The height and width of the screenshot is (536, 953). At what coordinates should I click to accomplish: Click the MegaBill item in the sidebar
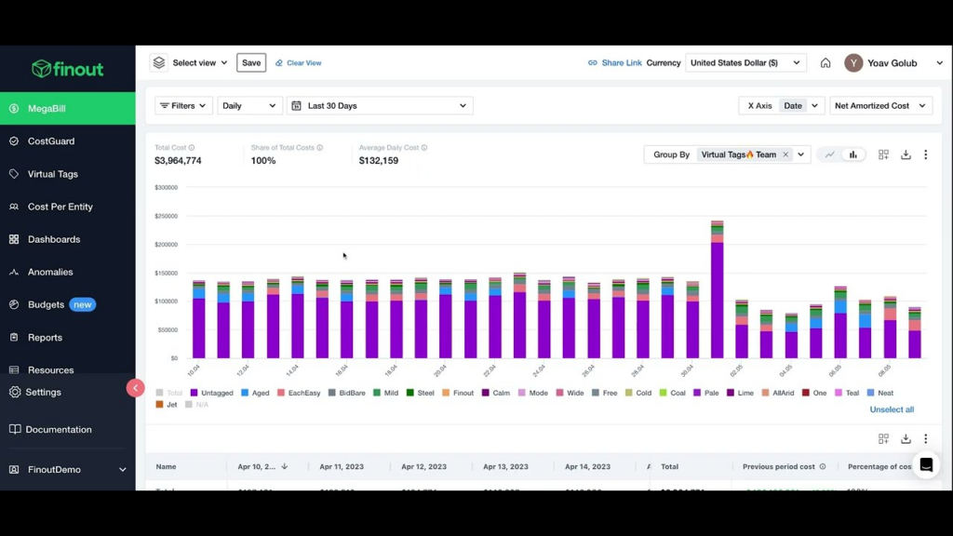pos(47,109)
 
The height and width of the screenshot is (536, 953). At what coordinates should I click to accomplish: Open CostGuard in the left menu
pos(50,141)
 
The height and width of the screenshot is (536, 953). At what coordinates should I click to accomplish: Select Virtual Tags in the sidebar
pos(52,174)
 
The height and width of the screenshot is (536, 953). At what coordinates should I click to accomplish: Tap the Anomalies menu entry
pos(50,272)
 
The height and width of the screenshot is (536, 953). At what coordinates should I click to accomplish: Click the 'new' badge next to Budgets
pos(83,304)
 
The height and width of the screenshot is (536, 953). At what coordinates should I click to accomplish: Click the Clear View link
pos(303,63)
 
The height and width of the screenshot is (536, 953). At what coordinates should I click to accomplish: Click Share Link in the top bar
pos(621,63)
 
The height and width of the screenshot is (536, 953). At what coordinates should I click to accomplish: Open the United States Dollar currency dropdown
pos(745,63)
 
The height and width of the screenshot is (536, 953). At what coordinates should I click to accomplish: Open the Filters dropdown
pos(183,106)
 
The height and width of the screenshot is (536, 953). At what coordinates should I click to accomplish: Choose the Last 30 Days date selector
pos(380,106)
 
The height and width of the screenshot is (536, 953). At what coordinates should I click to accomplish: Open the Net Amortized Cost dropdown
pos(880,106)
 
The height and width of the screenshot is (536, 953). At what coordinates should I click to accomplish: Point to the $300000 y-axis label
pos(166,187)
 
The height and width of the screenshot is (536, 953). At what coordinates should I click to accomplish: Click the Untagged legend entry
pos(216,393)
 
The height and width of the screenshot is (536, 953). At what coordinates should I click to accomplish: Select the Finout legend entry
pos(463,393)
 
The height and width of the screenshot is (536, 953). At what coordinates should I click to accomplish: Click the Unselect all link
pos(892,409)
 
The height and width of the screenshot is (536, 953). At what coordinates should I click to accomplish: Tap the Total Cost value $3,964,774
pos(178,161)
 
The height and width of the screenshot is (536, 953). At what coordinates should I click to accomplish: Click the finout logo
pos(67,69)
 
